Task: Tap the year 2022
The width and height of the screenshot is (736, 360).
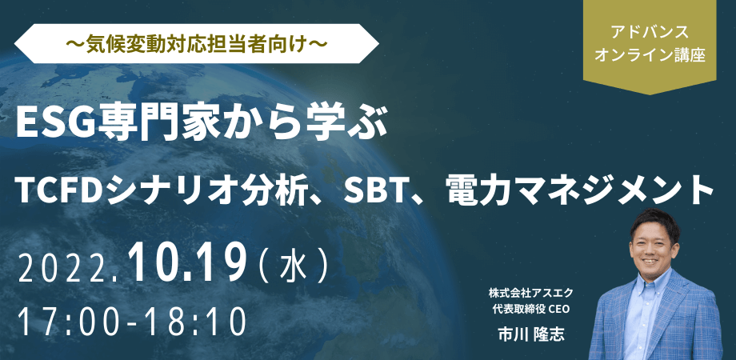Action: point(67,266)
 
